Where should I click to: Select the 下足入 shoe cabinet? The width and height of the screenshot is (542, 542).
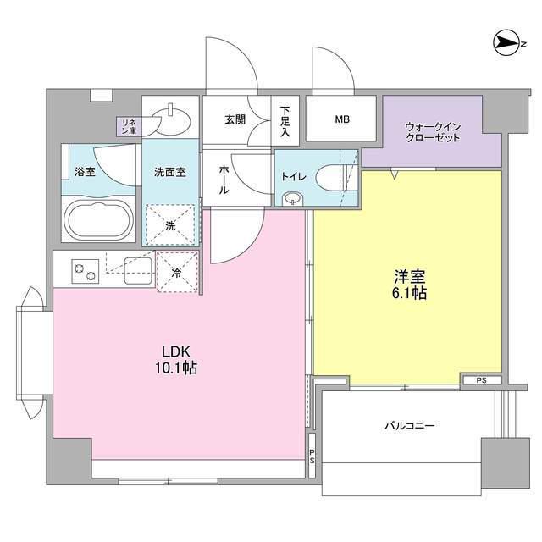(x=285, y=120)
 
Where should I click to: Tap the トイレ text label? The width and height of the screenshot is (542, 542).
(x=293, y=178)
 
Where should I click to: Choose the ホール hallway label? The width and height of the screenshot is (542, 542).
(x=223, y=180)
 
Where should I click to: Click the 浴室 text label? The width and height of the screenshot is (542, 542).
(x=85, y=172)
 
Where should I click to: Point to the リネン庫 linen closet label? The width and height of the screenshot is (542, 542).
(x=129, y=126)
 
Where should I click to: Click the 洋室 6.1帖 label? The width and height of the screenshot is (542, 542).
(x=408, y=285)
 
